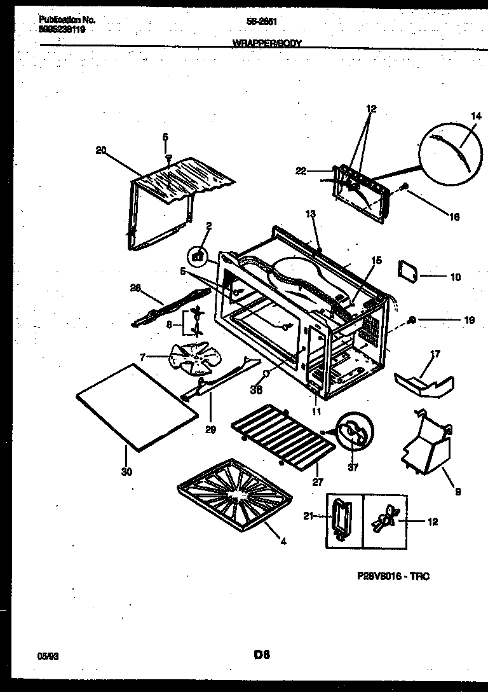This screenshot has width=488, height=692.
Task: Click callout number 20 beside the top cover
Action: click(100, 150)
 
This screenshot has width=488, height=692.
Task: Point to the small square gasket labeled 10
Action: click(407, 271)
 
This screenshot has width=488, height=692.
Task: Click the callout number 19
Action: click(469, 321)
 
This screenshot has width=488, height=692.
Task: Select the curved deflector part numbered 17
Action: click(423, 382)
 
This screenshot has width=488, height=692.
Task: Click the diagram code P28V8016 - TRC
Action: click(393, 576)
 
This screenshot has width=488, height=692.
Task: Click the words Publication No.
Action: click(64, 20)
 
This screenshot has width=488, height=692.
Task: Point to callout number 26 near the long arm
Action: click(135, 287)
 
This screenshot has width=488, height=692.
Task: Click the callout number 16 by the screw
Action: click(454, 217)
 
